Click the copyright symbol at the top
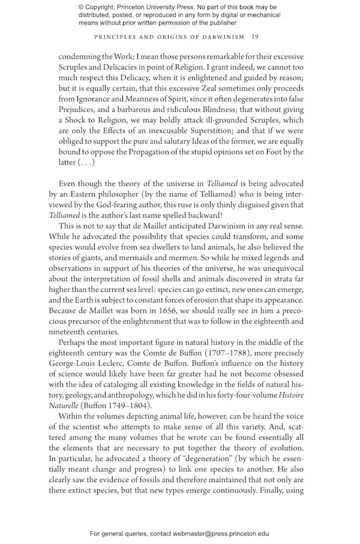(82, 7)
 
